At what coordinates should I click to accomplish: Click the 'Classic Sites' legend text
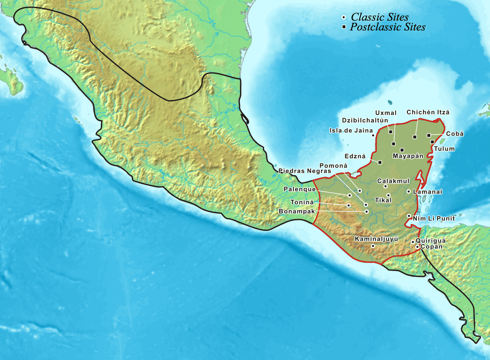(379, 17)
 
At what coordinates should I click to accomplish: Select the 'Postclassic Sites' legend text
(387, 27)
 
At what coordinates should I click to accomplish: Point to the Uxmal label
(383, 113)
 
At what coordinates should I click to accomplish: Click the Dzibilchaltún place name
(365, 120)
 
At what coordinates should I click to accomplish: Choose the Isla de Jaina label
(351, 130)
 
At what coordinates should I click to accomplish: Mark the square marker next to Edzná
(380, 162)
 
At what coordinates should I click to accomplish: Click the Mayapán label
(408, 156)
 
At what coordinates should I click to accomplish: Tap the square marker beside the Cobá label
(428, 135)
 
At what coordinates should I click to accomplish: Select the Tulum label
(444, 149)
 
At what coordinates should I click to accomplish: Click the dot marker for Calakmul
(386, 186)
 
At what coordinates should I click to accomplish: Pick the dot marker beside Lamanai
(408, 192)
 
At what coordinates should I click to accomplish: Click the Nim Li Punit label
(431, 219)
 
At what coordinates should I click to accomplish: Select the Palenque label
(299, 189)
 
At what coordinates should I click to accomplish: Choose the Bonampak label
(297, 211)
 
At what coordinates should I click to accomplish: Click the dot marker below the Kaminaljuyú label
(373, 246)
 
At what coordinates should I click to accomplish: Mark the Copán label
(431, 246)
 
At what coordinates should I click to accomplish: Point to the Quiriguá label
(431, 240)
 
